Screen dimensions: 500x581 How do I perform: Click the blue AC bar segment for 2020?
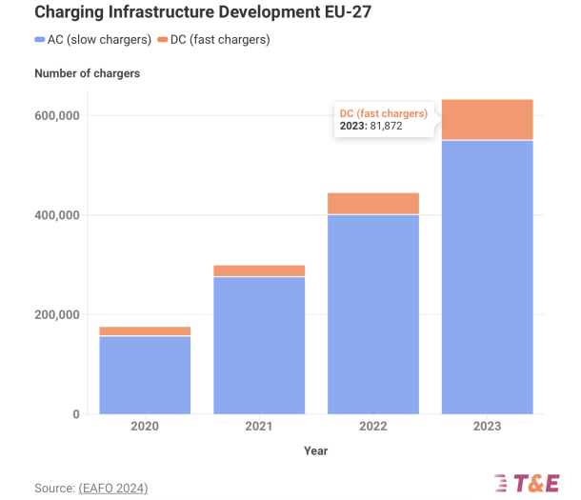click(145, 375)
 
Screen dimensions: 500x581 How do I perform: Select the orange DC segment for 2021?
click(259, 270)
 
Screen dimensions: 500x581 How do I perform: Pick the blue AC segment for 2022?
click(373, 314)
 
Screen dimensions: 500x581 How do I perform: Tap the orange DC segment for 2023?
click(487, 120)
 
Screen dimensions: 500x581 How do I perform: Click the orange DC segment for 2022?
click(373, 204)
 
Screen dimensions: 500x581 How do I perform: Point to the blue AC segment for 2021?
click(259, 345)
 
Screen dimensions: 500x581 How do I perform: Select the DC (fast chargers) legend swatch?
click(163, 40)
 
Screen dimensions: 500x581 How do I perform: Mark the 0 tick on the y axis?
click(73, 414)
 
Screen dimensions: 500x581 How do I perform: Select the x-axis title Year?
click(315, 450)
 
